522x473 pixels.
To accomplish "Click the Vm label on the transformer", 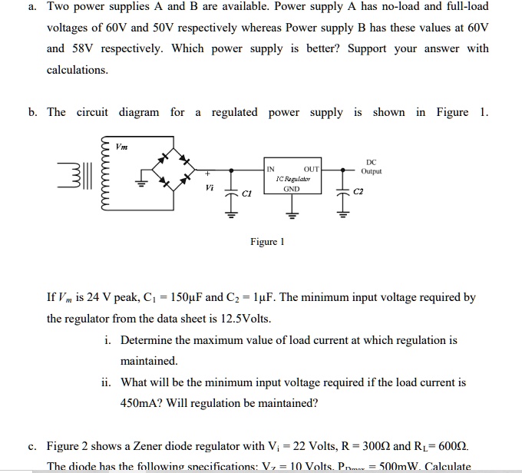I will (122, 146).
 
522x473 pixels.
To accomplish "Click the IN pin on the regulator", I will (271, 168).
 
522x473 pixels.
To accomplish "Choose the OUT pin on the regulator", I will (311, 168).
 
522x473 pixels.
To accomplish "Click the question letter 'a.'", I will (31, 6).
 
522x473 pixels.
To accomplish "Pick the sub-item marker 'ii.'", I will (107, 382).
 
